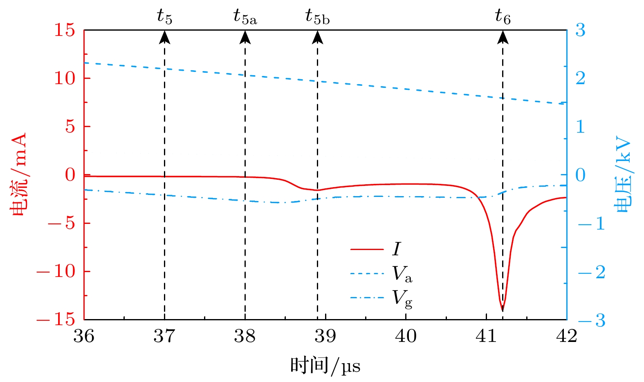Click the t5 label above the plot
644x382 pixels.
tap(164, 17)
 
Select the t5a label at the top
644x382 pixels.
tap(245, 17)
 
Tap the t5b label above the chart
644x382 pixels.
tap(317, 17)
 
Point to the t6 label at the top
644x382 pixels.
tap(503, 17)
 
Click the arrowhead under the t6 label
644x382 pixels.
tap(503, 37)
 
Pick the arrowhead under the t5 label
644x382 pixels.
tap(164, 37)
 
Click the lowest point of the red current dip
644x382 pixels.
tap(503, 311)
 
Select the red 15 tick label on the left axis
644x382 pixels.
tap(65, 30)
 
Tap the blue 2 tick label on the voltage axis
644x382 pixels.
tap(581, 78)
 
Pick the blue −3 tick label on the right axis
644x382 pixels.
tap(591, 320)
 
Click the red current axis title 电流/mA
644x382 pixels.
tap(18, 174)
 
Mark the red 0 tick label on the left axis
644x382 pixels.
tap(70, 175)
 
